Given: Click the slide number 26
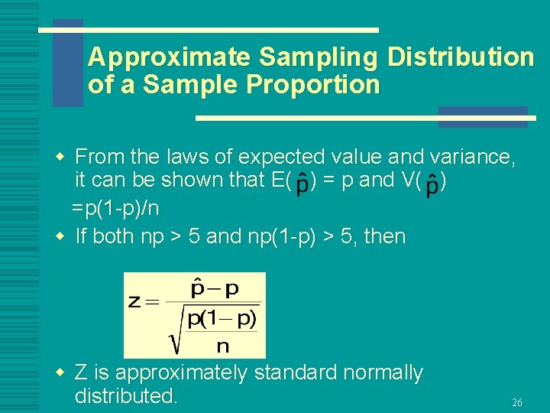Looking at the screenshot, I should click(x=517, y=402).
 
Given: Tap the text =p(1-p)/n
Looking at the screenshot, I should click(x=116, y=208).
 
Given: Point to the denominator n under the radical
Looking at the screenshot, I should click(x=222, y=346).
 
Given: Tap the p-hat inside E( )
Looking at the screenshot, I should click(x=302, y=184).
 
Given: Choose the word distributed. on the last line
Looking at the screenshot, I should click(x=126, y=396).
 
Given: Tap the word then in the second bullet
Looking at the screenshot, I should click(x=386, y=236).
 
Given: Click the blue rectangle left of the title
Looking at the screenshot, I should click(x=67, y=63).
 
